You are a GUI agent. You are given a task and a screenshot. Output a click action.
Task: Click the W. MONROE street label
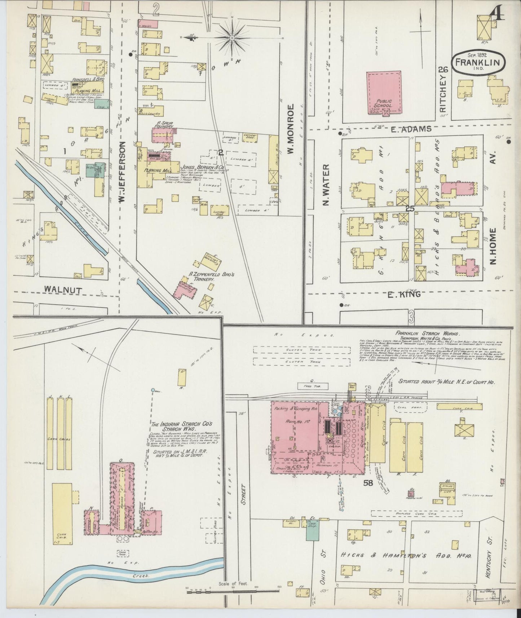click(291, 129)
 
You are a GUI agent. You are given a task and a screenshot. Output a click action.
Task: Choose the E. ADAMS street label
click(411, 129)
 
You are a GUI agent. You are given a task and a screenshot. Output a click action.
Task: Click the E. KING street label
click(404, 295)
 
